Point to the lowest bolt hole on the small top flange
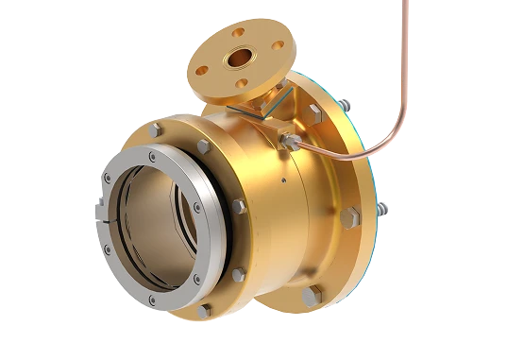[244, 83]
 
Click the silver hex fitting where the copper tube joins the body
[288, 141]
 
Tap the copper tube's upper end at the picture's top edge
[407, 4]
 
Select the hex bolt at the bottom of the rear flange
[309, 297]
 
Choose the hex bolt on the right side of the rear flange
[353, 218]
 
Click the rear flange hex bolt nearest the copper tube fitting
[313, 112]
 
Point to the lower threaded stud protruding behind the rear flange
[380, 210]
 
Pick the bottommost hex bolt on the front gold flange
[204, 309]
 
